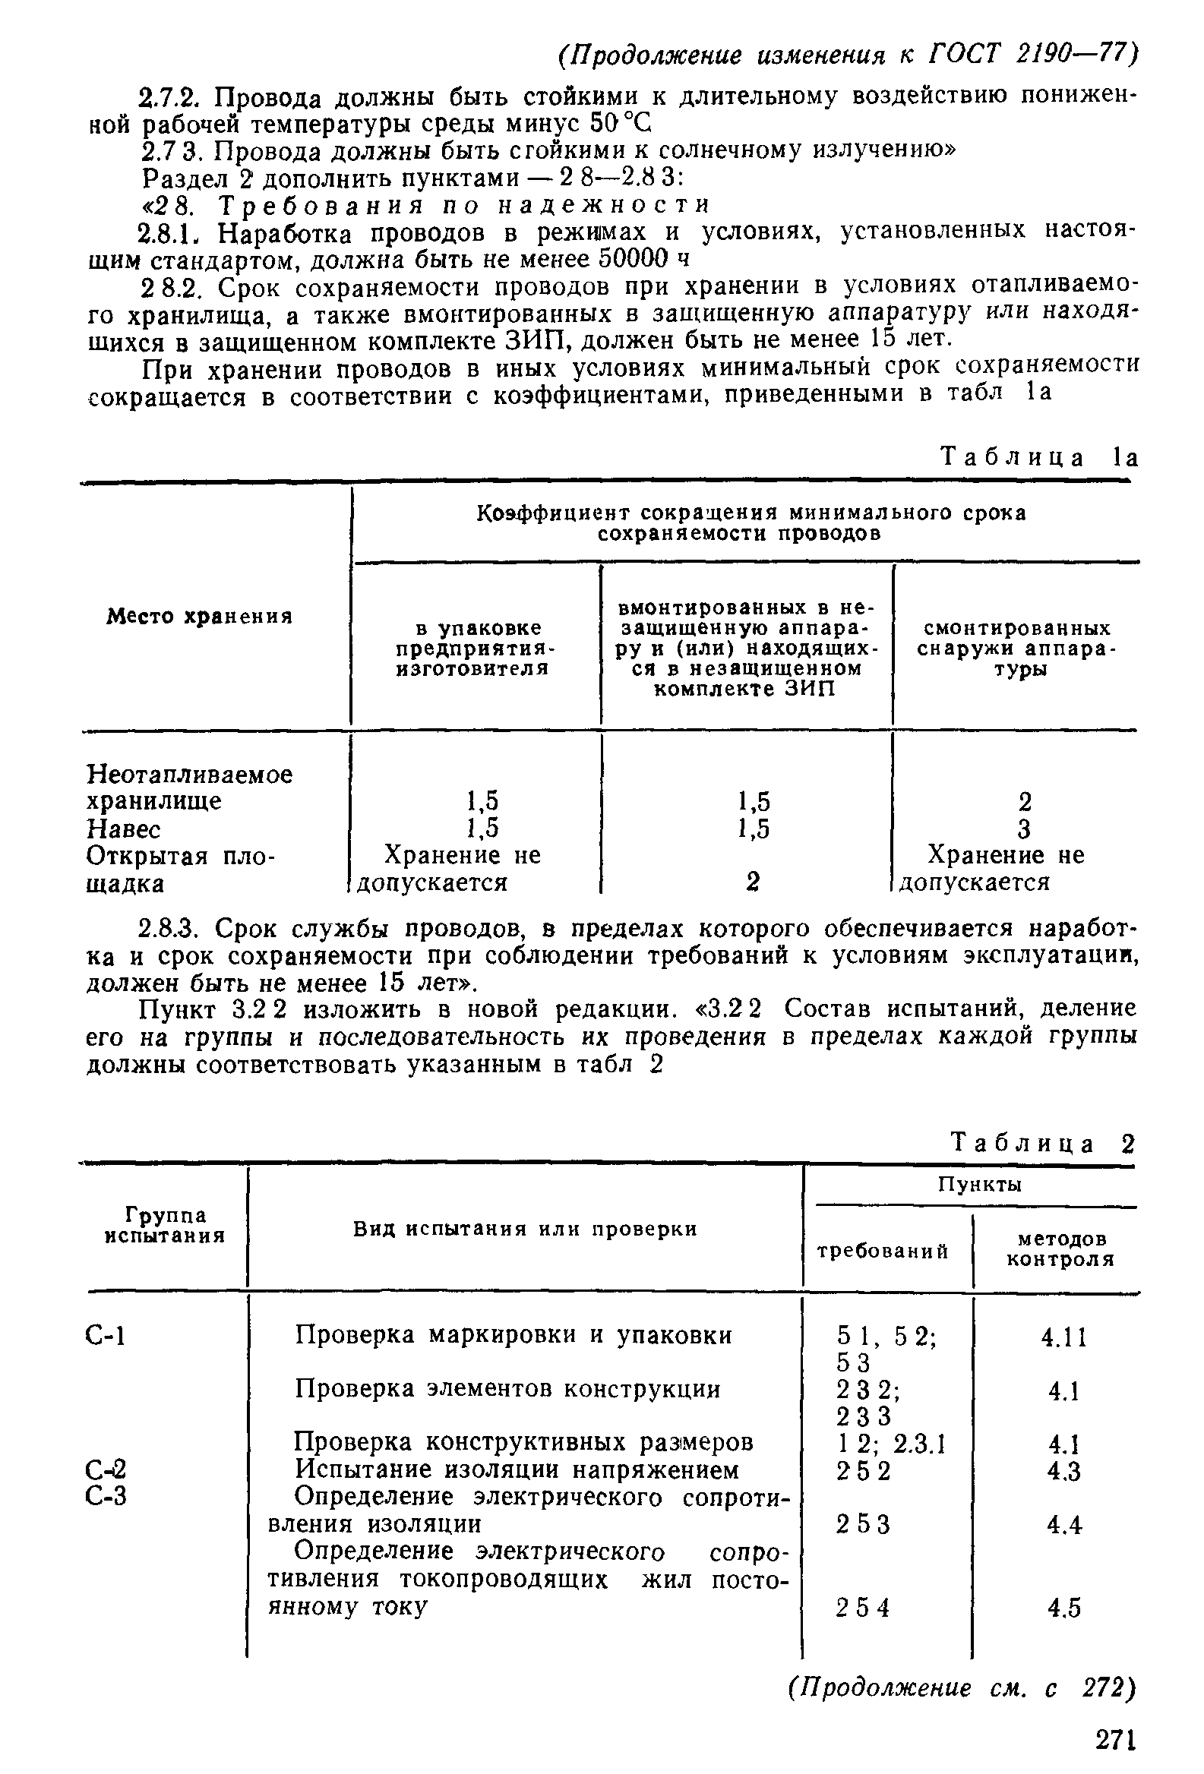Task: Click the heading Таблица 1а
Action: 1039,458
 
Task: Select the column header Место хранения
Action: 199,616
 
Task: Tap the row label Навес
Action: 124,829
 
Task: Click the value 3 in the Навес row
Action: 1025,829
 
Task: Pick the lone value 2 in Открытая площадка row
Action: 753,882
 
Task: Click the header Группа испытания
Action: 165,1225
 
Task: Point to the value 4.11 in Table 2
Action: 1063,1337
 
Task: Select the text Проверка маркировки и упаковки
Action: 513,1335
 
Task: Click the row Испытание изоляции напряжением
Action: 517,1469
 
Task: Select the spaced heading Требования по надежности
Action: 464,204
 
